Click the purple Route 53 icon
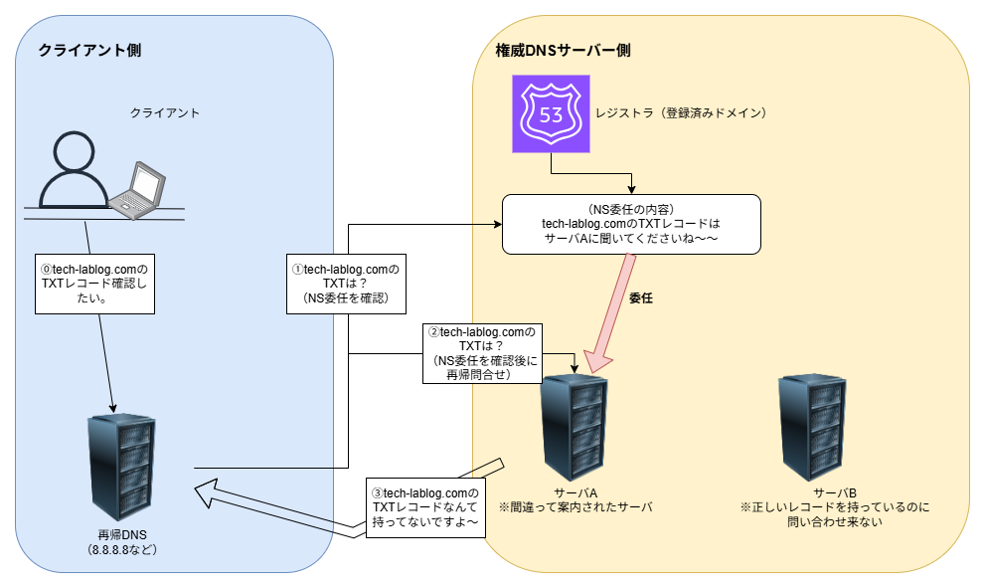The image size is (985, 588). [x=551, y=113]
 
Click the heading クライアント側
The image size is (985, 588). [x=88, y=50]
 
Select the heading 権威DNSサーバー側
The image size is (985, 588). [x=563, y=50]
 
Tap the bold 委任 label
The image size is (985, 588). [x=641, y=296]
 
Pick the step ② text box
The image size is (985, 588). [x=480, y=353]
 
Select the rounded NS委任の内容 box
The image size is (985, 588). [x=631, y=224]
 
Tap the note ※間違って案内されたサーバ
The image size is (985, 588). [x=575, y=507]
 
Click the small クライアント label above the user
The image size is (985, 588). [x=165, y=112]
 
